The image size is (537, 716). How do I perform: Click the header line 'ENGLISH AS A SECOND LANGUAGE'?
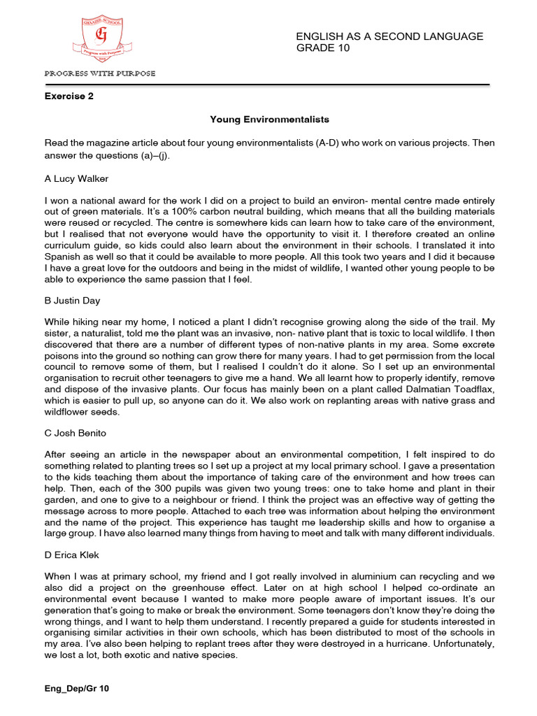pyautogui.click(x=389, y=36)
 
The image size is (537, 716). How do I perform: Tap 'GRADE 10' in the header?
pyautogui.click(x=323, y=48)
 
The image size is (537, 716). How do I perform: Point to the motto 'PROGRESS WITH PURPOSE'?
pyautogui.click(x=100, y=73)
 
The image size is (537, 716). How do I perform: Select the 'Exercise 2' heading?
pyautogui.click(x=69, y=96)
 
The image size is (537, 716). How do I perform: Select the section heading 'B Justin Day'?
pyautogui.click(x=73, y=300)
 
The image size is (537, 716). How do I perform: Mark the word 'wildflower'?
pyautogui.click(x=69, y=411)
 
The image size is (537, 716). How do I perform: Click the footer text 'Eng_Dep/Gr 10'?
pyautogui.click(x=77, y=689)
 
